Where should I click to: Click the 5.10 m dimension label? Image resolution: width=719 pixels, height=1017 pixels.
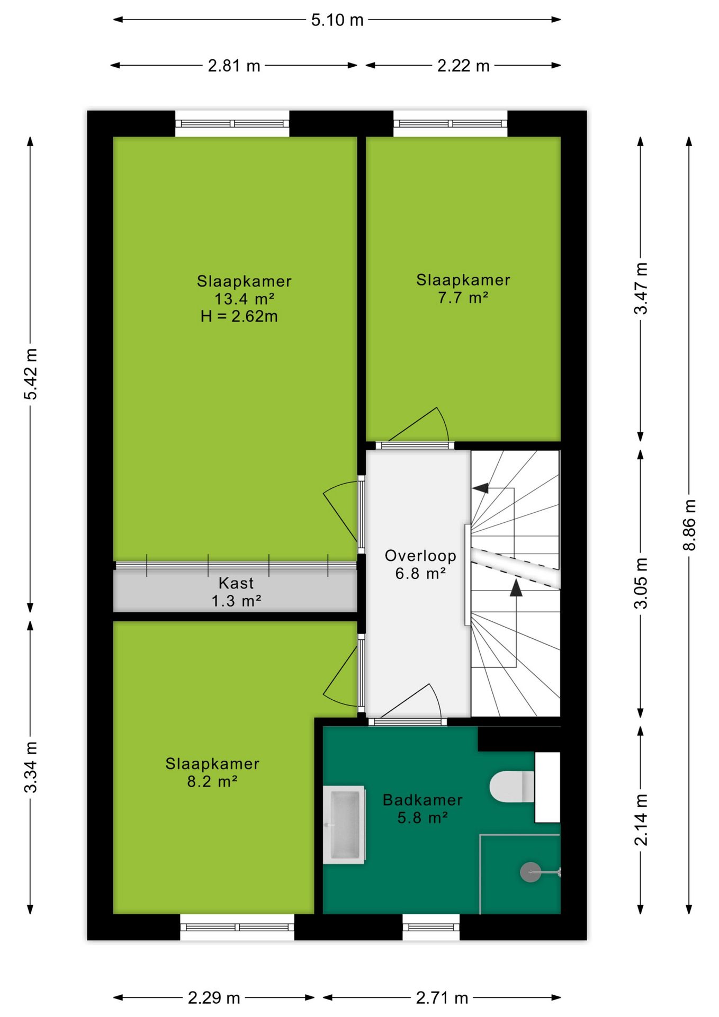[337, 20]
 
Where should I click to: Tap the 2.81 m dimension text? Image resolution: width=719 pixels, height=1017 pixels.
[234, 66]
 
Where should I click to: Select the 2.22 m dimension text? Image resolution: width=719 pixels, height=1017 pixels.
[463, 66]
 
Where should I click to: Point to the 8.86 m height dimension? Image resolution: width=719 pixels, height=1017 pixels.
[689, 524]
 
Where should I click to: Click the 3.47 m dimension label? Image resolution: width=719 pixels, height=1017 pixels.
[641, 289]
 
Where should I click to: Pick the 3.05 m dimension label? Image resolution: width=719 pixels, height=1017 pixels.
[641, 583]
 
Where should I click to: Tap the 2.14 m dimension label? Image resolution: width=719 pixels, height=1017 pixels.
[641, 820]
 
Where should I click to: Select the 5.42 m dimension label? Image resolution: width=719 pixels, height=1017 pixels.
[31, 374]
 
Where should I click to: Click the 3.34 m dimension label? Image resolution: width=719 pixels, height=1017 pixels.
[31, 768]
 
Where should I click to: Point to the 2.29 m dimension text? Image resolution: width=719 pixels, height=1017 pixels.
[214, 998]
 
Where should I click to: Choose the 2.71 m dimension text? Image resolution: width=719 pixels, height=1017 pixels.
[442, 998]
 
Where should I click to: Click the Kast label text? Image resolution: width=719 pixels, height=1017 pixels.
[236, 583]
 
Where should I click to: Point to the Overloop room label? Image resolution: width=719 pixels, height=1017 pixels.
[420, 556]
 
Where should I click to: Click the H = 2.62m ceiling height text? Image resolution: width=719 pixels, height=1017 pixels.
[239, 316]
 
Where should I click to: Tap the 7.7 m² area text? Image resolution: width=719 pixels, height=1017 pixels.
[463, 298]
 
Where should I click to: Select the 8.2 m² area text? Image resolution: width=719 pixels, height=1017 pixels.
[212, 782]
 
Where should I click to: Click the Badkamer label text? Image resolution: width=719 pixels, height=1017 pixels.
[423, 800]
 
